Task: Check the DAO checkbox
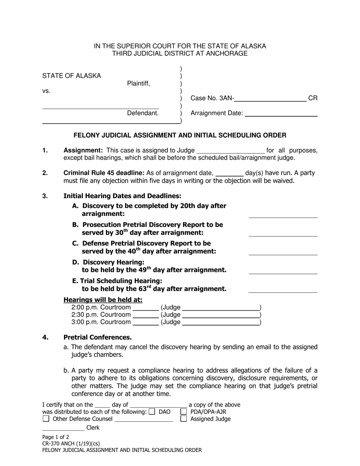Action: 152,411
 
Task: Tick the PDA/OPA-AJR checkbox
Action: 184,411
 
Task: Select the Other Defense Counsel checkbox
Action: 46,419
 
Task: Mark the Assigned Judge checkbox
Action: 184,419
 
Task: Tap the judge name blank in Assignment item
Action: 230,151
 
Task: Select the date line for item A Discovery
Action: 283,215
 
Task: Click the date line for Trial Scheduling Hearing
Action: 283,290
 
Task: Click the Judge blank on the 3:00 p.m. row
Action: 221,322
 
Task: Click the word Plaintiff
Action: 138,84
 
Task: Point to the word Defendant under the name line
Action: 142,113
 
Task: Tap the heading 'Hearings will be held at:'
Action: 103,300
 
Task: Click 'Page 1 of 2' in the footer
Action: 55,436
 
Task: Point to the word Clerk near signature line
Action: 93,428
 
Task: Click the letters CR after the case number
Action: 313,99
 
